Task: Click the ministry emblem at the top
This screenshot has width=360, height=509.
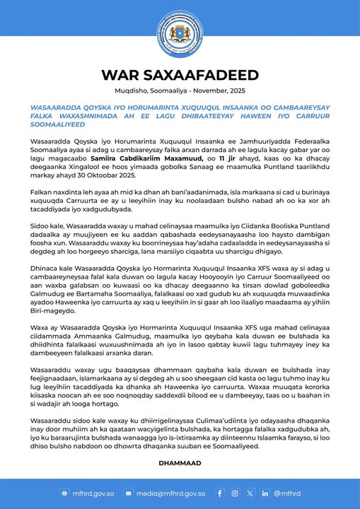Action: coord(180,33)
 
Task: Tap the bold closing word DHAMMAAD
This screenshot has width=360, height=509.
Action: coord(180,463)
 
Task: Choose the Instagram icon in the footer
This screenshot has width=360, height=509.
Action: coord(236,493)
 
